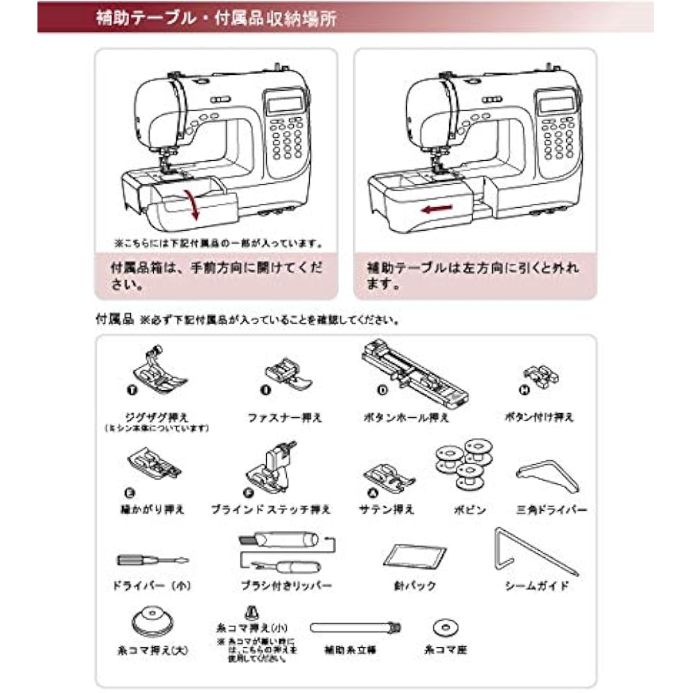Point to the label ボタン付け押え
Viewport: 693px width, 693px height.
[540, 417]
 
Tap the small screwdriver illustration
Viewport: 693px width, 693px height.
[152, 560]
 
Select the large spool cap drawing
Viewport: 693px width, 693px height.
[151, 619]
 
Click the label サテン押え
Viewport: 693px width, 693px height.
[387, 509]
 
